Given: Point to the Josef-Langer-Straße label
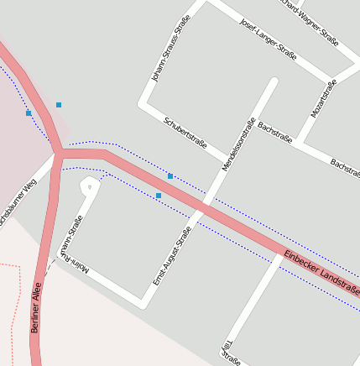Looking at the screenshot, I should click(x=268, y=39).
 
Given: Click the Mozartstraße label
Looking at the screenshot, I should click(x=323, y=98).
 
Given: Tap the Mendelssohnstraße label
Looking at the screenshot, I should click(x=238, y=144).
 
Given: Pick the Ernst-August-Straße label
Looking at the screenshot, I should click(x=171, y=255).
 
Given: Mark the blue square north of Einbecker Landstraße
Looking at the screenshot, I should click(x=170, y=176).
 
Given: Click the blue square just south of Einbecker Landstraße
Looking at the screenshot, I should click(x=159, y=196).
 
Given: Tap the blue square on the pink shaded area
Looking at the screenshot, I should click(x=29, y=112).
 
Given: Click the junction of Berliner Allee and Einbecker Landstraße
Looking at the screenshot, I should click(x=60, y=154).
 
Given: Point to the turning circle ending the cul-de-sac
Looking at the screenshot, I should click(x=89, y=186).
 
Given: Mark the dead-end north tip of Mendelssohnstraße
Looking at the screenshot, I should click(x=273, y=82).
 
